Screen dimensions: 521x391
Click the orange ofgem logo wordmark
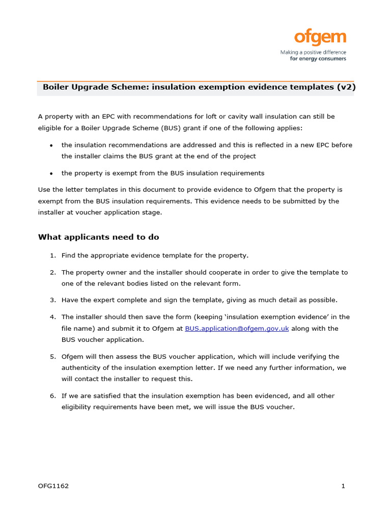coord(320,38)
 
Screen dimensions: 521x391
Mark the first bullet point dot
coord(52,146)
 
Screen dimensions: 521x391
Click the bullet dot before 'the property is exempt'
coord(52,173)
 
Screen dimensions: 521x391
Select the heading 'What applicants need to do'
coord(99,237)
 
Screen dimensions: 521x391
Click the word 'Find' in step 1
coord(69,255)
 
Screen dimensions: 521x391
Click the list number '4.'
coord(52,317)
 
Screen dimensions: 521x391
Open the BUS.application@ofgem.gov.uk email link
coord(237,329)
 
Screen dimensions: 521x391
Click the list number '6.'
coord(52,396)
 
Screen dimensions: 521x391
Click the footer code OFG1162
coord(53,486)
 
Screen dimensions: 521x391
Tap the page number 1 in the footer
coord(343,486)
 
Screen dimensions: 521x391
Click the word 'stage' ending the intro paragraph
coord(151,213)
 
